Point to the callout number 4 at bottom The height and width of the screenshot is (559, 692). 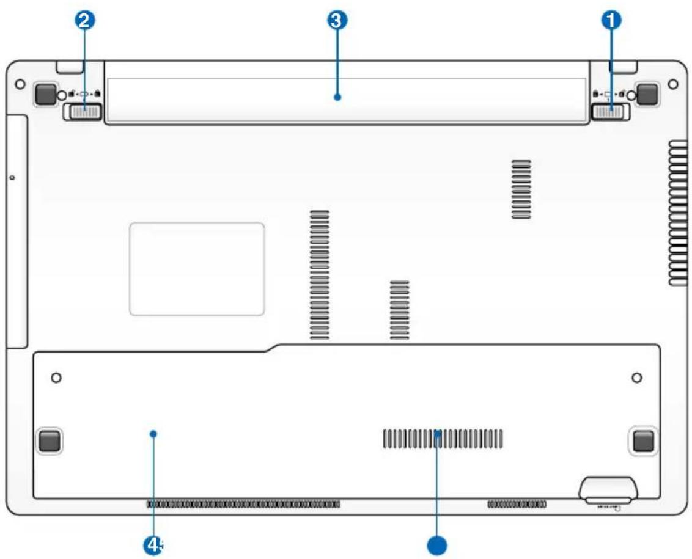pos(153,544)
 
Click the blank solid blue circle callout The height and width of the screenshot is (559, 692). pos(437,544)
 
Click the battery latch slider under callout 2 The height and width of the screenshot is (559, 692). pos(83,111)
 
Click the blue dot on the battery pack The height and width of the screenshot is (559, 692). pos(337,97)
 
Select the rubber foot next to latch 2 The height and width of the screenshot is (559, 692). pos(45,93)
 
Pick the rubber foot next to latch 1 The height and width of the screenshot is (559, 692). pos(646,93)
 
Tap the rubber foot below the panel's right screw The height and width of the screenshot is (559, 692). pos(642,440)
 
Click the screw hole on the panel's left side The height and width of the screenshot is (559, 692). pos(56,378)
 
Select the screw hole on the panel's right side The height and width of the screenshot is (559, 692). pos(637,378)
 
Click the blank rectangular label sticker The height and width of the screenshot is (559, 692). pos(197,269)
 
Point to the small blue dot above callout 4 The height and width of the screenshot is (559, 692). pos(153,433)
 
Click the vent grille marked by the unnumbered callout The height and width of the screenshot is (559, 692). pos(443,438)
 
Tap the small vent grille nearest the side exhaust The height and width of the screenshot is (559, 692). pos(521,189)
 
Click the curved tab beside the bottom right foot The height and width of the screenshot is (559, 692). pos(608,489)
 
